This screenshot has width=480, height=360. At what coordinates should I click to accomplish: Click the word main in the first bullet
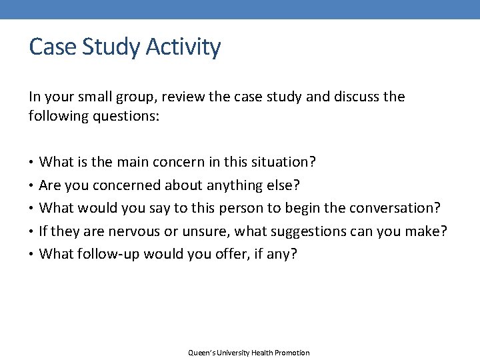point(132,162)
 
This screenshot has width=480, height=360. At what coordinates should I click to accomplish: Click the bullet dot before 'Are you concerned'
point(32,185)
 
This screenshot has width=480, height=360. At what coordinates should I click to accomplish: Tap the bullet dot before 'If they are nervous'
point(32,231)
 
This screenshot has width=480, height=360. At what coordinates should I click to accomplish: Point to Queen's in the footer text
point(201,353)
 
